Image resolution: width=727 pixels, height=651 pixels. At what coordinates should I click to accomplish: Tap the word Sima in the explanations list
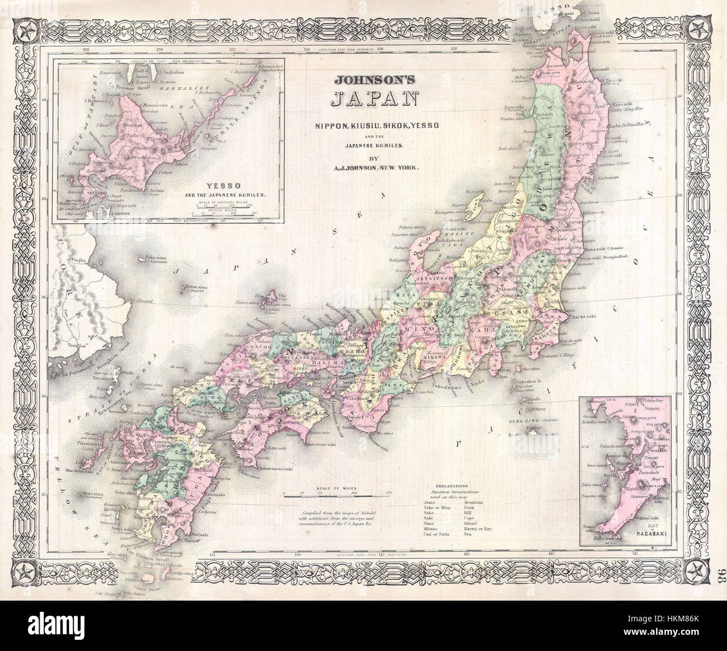[431, 522]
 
